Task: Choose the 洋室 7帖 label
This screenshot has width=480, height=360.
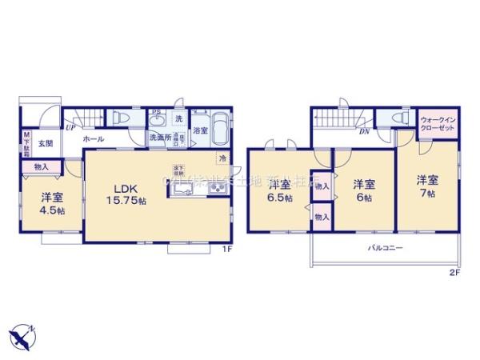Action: tap(426, 187)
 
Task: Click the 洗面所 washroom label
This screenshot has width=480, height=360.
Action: tap(158, 138)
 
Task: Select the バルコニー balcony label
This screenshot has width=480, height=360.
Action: tap(386, 249)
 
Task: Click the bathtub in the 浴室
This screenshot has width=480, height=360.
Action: tap(221, 130)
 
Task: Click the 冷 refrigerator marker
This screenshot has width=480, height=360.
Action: tap(222, 157)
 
